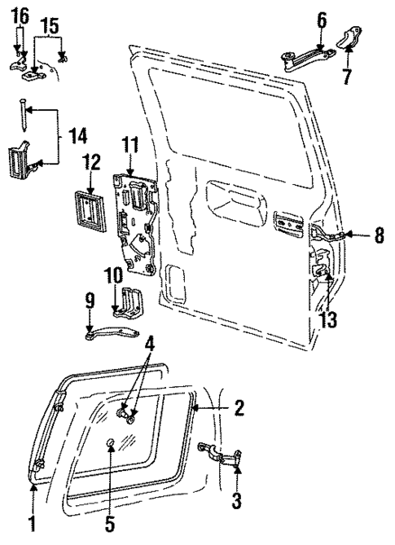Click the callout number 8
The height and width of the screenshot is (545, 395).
[378, 236]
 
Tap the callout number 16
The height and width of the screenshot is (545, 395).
[20, 14]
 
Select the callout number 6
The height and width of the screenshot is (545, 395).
[321, 17]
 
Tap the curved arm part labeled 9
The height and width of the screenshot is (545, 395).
[110, 332]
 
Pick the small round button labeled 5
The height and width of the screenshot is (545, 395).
[109, 444]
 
